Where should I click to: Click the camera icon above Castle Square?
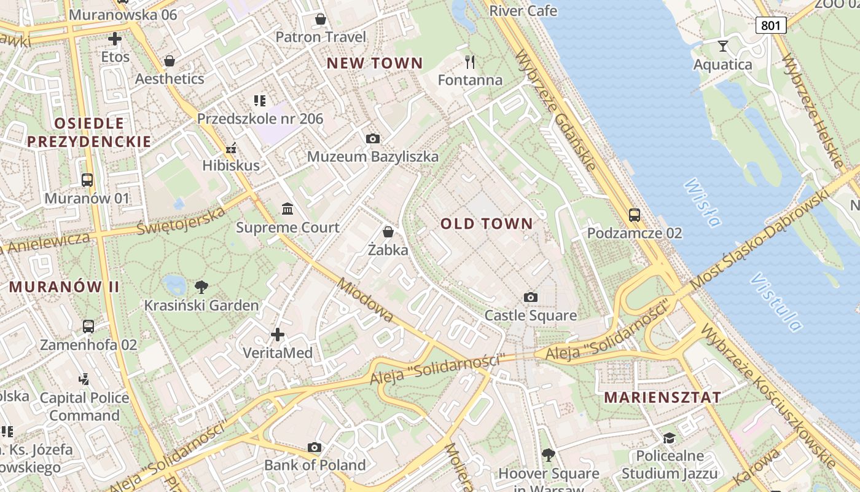click(x=531, y=298)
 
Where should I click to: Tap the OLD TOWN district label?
click(x=487, y=224)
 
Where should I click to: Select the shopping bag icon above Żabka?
click(x=388, y=232)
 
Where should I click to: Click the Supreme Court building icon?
click(x=287, y=209)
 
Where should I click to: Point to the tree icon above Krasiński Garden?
click(x=201, y=287)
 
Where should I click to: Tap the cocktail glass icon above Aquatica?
click(x=722, y=46)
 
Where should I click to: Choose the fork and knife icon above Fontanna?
click(x=470, y=62)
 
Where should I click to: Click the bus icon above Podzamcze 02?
click(x=635, y=215)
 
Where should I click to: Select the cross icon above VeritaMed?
click(x=278, y=335)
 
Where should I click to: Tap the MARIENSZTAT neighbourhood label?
click(x=662, y=397)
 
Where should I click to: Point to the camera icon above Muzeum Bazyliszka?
click(x=372, y=139)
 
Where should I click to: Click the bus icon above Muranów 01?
click(x=87, y=180)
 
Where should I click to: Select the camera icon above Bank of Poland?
click(x=315, y=447)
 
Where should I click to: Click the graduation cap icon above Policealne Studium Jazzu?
click(x=668, y=438)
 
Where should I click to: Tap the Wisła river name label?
click(x=702, y=202)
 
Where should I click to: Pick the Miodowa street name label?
click(x=365, y=300)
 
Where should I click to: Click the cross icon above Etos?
click(x=115, y=39)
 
